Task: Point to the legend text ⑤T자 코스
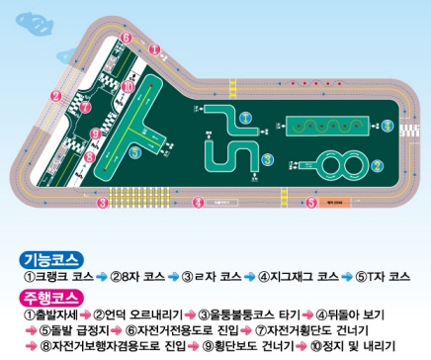[385, 278]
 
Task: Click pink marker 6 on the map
[128, 37]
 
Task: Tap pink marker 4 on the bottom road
[199, 202]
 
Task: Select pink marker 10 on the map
[129, 86]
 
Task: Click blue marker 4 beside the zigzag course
[387, 126]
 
